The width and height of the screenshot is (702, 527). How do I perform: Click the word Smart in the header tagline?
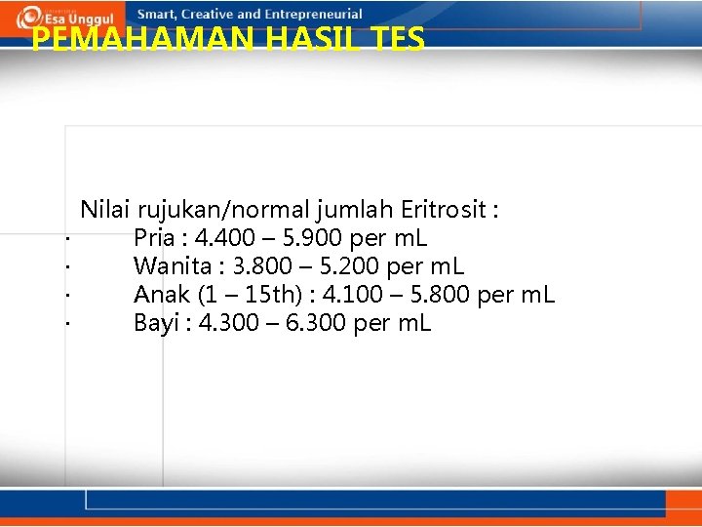coord(158,15)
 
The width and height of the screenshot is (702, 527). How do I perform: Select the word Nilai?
coord(105,209)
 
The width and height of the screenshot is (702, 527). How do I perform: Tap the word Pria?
coord(155,237)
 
